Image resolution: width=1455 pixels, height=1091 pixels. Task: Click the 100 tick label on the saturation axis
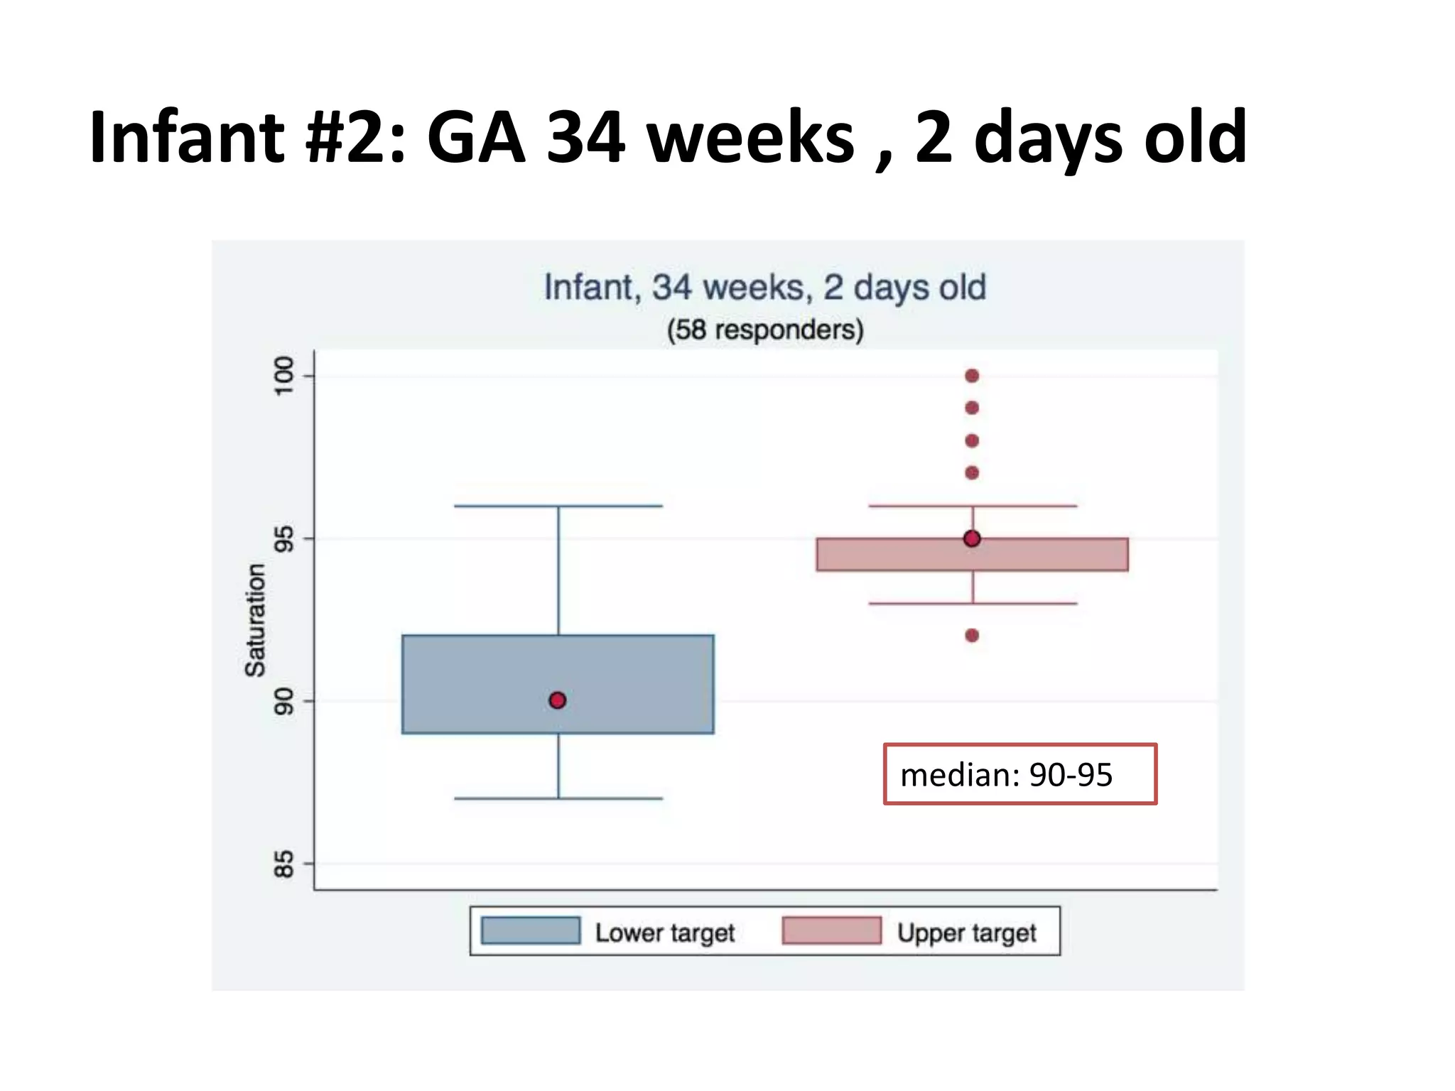tap(283, 376)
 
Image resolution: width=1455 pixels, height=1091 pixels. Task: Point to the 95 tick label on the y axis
tap(283, 539)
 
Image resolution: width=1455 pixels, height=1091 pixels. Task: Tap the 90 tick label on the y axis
tap(283, 702)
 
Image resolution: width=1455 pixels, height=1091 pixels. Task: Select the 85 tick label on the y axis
tap(283, 864)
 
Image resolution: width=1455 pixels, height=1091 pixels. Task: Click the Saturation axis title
tap(255, 620)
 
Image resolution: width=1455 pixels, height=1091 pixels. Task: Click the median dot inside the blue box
tap(558, 700)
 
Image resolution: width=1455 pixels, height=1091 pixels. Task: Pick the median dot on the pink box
tap(972, 539)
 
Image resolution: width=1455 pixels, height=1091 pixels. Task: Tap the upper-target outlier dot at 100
tap(972, 376)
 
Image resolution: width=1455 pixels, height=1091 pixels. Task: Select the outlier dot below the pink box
tap(972, 636)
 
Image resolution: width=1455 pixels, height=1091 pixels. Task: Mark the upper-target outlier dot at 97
tap(972, 473)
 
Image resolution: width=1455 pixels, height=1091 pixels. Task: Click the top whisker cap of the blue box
tap(558, 506)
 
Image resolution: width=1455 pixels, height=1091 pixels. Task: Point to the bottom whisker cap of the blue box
tap(558, 798)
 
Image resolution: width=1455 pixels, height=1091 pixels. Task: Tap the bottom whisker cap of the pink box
tap(973, 604)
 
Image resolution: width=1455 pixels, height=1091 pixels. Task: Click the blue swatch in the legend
tap(531, 930)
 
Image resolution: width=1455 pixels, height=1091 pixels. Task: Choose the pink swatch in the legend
tap(831, 930)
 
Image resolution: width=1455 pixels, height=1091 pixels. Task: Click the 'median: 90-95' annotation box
tap(1020, 774)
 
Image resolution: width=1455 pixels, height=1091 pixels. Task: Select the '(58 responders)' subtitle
tap(765, 330)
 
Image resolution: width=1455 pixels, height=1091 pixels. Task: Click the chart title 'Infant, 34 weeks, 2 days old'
tap(765, 288)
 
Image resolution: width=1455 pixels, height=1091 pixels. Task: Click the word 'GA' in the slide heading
tap(476, 137)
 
